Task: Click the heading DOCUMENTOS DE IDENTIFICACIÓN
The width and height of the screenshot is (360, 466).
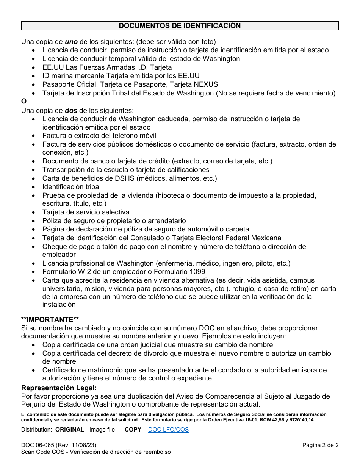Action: (180, 26)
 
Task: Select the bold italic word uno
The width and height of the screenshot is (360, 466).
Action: (71, 41)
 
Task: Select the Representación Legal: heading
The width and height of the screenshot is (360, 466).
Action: (59, 388)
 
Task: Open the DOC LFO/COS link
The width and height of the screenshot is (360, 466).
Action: (168, 430)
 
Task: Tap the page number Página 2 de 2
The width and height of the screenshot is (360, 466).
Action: (320, 445)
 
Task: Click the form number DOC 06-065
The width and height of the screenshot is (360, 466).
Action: (37, 445)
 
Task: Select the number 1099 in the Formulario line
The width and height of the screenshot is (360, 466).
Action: (198, 272)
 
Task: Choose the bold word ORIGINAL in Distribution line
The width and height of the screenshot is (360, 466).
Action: (70, 430)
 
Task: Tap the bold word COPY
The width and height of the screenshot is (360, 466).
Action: (133, 430)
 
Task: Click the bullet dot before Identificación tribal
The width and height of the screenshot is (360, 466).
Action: (34, 187)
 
